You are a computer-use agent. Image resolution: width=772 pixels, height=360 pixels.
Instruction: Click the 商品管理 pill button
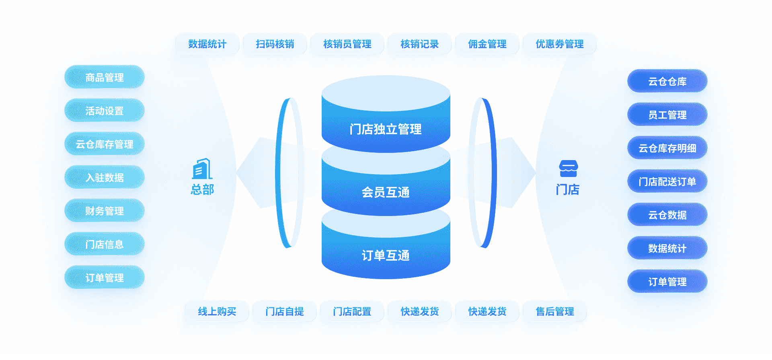105,77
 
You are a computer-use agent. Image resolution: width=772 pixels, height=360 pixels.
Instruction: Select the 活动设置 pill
105,111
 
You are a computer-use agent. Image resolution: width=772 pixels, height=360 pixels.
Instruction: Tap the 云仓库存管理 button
105,144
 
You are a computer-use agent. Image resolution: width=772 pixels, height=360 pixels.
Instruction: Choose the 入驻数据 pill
105,177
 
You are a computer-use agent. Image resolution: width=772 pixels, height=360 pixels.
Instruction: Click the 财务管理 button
105,211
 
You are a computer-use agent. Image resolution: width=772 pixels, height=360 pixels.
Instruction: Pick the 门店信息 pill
105,244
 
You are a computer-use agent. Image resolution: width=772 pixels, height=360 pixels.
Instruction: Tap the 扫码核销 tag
275,44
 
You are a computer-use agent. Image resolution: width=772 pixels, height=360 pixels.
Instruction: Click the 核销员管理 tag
347,44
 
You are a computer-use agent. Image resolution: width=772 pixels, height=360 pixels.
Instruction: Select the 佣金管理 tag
487,44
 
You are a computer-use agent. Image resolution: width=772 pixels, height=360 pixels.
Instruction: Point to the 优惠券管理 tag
560,44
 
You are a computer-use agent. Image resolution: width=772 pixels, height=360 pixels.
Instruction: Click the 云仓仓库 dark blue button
667,81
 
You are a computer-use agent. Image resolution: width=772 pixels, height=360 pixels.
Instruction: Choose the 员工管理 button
667,115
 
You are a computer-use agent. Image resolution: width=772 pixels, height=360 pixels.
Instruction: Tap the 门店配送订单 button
667,181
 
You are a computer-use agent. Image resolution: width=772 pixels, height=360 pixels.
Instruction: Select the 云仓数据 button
667,215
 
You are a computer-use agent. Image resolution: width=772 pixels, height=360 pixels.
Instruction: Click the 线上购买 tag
217,311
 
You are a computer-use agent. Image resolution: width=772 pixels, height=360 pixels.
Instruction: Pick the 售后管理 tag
555,311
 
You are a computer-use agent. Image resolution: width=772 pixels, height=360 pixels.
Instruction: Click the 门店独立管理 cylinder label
386,129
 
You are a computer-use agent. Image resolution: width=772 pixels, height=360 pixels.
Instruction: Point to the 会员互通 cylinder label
386,192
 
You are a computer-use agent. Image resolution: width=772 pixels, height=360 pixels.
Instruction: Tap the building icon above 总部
202,169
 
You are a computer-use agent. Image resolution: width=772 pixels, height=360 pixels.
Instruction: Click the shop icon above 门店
568,169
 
